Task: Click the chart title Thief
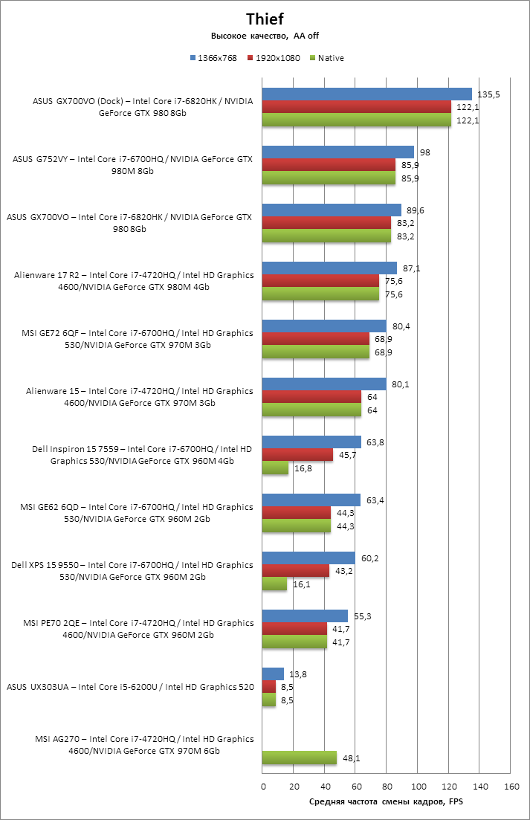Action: (x=265, y=19)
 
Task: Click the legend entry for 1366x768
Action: (x=216, y=58)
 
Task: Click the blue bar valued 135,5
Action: (x=367, y=94)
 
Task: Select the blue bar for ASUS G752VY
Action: (x=338, y=152)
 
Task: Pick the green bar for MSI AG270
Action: (x=300, y=758)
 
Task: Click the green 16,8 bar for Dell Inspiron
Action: (x=275, y=468)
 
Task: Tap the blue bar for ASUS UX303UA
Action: (x=273, y=674)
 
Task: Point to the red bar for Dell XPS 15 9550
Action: (x=296, y=570)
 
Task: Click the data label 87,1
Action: (x=413, y=268)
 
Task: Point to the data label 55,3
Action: (x=363, y=616)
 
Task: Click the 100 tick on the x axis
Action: (x=418, y=787)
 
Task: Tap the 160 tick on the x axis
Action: (x=511, y=787)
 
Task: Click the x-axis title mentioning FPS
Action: (x=386, y=802)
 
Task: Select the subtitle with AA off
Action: (x=265, y=36)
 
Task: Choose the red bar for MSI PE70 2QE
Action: (x=294, y=628)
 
